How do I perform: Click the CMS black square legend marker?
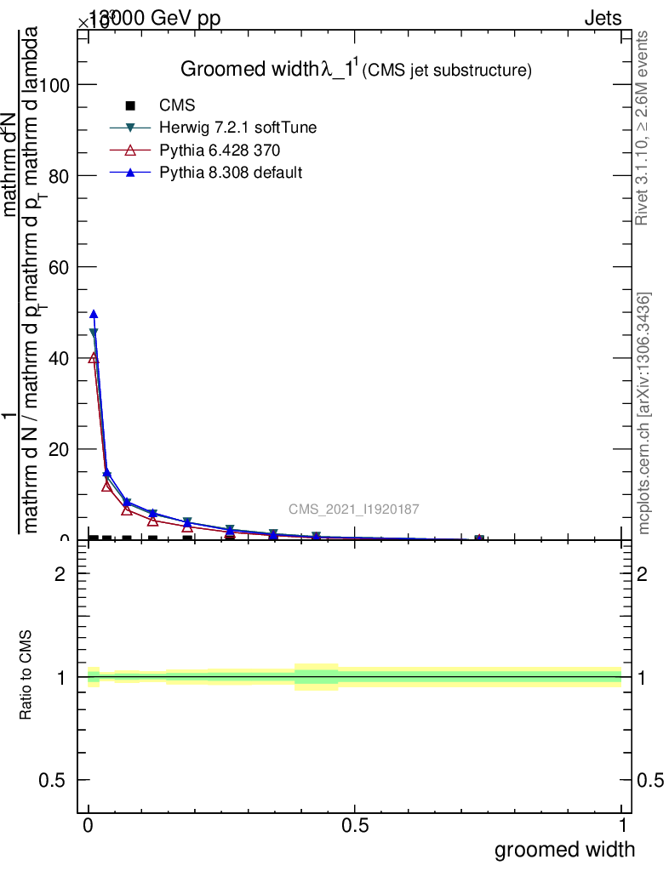(x=130, y=106)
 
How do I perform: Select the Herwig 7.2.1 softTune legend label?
(x=238, y=128)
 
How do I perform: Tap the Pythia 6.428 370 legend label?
(x=220, y=151)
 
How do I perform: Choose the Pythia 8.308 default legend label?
(x=231, y=173)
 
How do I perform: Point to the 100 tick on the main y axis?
(x=56, y=85)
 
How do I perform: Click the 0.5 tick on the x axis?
(x=355, y=826)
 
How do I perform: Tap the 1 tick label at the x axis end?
(x=622, y=826)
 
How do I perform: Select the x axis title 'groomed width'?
(x=564, y=849)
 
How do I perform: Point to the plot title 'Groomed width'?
(x=249, y=70)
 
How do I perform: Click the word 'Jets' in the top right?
(x=602, y=19)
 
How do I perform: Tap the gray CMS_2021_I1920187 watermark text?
(x=353, y=510)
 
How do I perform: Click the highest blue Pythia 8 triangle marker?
(x=94, y=314)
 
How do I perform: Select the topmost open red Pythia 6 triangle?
(x=94, y=358)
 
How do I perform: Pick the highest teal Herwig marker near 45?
(x=94, y=333)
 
